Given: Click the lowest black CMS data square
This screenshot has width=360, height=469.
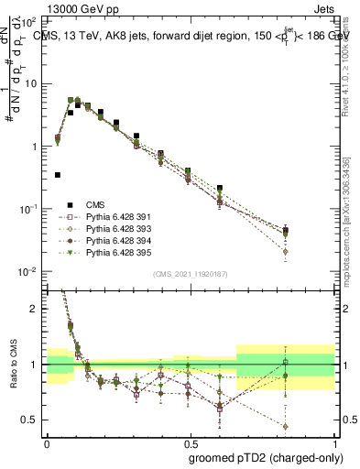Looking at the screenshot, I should coord(58,174).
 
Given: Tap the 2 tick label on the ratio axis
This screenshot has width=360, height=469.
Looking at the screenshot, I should coord(35,309).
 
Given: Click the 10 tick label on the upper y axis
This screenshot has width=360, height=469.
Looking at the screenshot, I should coord(32,83).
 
